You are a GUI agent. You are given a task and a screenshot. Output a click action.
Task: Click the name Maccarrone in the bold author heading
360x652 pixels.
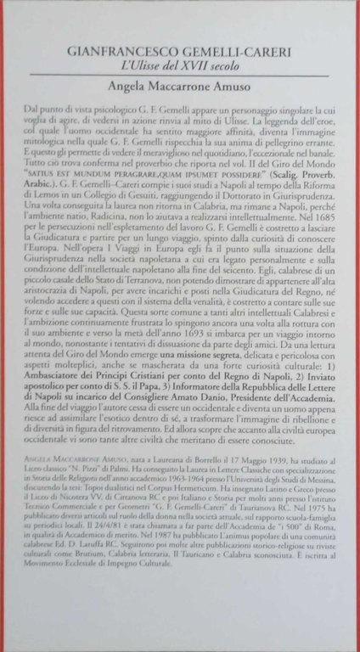(x=184, y=87)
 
